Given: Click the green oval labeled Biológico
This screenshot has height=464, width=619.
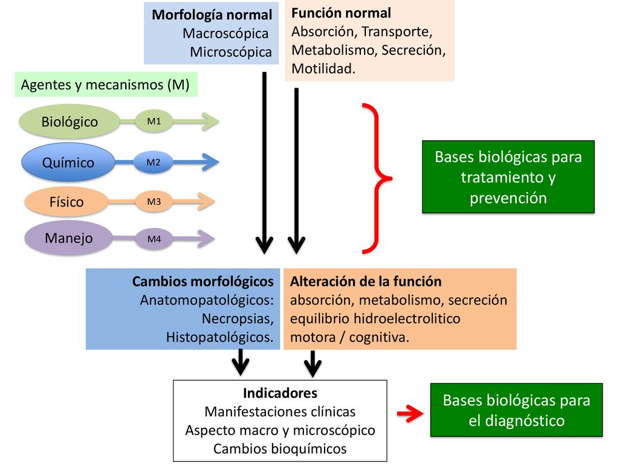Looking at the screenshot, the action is [70, 121].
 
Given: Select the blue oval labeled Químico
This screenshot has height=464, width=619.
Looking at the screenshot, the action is [68, 162].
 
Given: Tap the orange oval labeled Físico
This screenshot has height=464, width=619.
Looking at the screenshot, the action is [66, 202].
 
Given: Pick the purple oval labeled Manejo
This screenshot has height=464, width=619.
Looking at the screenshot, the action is [69, 238].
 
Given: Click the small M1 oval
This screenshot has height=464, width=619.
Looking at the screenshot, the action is [154, 121].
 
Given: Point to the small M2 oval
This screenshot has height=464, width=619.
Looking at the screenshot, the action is [153, 162].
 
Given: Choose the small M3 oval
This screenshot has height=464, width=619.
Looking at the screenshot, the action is [154, 202].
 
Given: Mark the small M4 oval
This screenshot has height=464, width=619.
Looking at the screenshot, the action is [154, 239].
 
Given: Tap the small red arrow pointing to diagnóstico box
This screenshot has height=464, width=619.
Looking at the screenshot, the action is [410, 413].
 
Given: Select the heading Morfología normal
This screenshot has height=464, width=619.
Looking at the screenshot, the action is [212, 15].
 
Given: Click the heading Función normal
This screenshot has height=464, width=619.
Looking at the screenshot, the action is [341, 13].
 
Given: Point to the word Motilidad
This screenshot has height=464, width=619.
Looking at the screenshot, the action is [323, 69].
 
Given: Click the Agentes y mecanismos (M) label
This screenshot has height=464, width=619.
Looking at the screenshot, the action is [105, 85].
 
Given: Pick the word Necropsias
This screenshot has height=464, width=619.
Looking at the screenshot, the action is [238, 318].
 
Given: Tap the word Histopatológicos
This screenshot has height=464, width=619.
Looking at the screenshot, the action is [220, 337].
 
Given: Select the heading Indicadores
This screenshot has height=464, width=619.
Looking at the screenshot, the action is [280, 393].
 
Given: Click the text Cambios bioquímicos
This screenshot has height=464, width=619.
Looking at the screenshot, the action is [280, 449].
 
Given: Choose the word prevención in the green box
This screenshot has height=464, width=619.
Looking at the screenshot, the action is [508, 198].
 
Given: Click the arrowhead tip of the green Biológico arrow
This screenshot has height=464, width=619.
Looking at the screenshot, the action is [219, 121].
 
